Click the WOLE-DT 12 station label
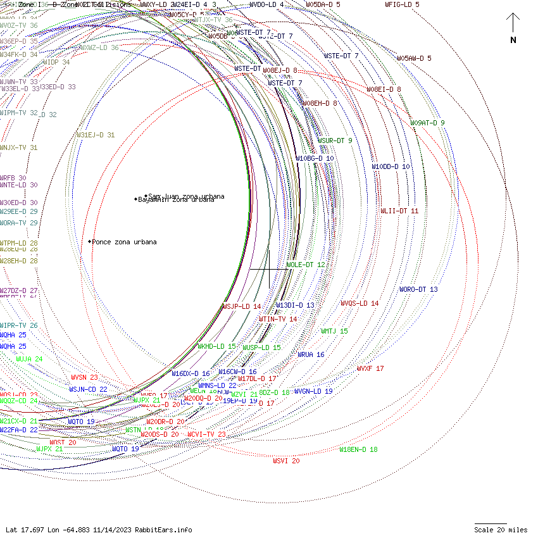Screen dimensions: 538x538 (x=306, y=265)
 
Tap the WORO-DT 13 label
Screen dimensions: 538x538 (x=418, y=289)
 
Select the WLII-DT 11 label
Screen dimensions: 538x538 (x=399, y=211)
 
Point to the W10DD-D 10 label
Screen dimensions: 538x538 (x=391, y=166)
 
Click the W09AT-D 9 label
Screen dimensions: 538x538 (x=427, y=123)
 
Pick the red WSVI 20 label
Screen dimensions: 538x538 (x=286, y=461)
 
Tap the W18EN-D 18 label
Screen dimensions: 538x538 (x=358, y=449)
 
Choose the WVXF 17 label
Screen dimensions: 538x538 (x=370, y=368)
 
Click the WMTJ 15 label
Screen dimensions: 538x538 (x=334, y=331)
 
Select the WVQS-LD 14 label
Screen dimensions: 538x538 (x=360, y=303)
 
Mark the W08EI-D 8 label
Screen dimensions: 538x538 (x=384, y=89)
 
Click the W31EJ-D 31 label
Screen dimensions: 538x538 (x=96, y=135)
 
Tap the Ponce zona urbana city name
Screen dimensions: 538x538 (x=125, y=242)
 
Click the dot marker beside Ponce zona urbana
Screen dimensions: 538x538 (x=90, y=241)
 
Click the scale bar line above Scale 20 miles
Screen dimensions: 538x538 (x=491, y=524)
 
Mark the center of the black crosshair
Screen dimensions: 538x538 (x=270, y=269)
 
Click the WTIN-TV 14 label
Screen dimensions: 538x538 (x=278, y=319)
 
